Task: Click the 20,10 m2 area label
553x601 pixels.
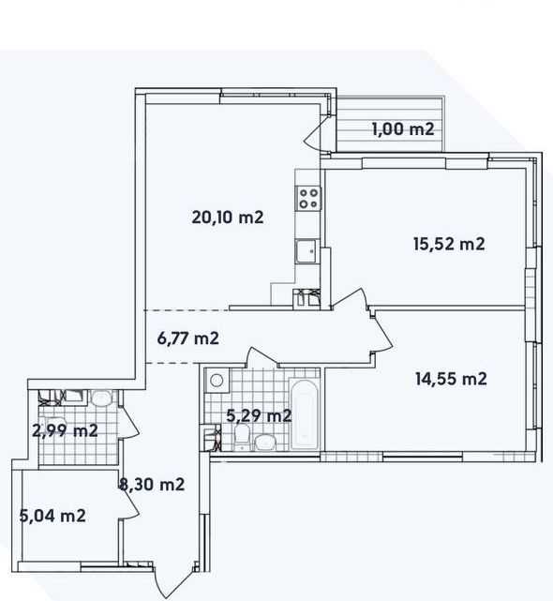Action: point(228,218)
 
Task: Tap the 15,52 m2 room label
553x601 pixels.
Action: point(449,244)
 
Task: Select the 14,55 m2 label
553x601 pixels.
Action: point(451,379)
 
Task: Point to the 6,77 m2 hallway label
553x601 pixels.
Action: point(188,338)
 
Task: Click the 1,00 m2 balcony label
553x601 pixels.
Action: point(403,129)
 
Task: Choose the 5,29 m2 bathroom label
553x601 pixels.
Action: point(259,415)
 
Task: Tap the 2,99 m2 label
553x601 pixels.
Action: point(66,430)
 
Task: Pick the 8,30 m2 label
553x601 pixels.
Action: point(152,485)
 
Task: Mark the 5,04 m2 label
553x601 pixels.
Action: point(52,516)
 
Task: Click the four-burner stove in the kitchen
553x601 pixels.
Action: point(308,198)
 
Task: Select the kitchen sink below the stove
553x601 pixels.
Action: point(306,250)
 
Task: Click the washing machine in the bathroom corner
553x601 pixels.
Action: point(217,381)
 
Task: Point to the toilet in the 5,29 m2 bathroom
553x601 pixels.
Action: point(242,437)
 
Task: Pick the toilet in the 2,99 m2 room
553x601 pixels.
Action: point(101,398)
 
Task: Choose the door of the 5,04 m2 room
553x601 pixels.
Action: point(129,503)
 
